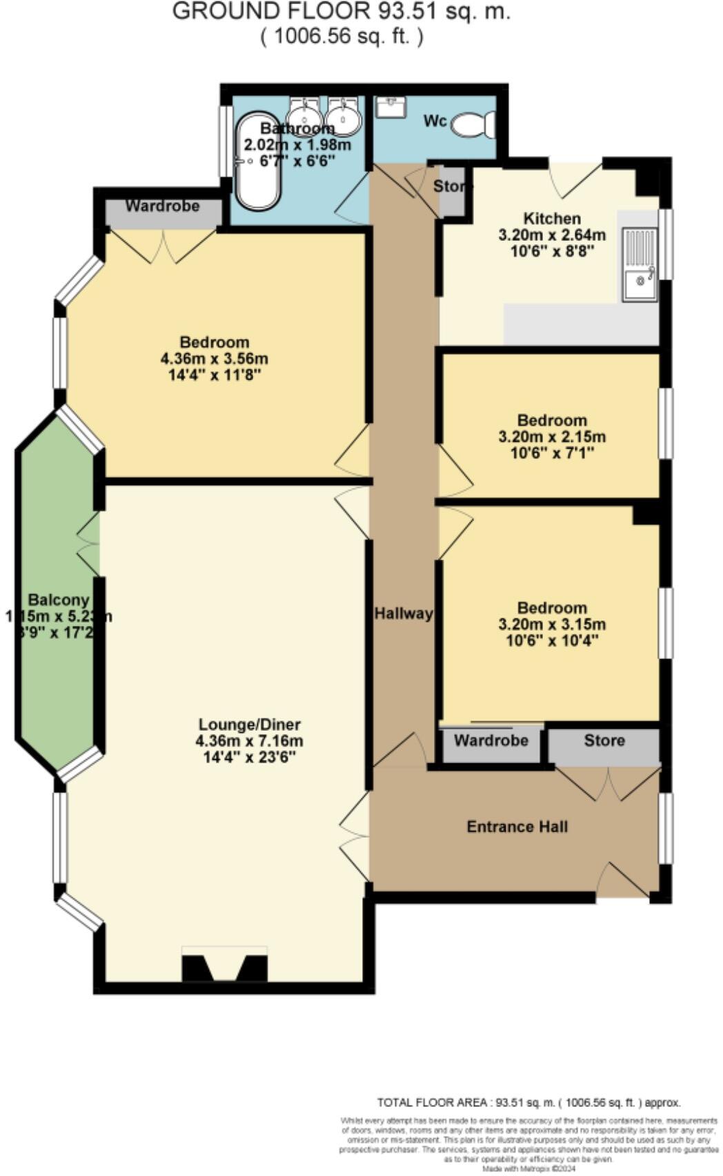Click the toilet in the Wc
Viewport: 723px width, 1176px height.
click(474, 125)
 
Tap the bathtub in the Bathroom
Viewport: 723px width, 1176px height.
click(257, 160)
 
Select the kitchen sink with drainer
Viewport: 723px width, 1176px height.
click(640, 265)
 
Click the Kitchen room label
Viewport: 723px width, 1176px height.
click(551, 218)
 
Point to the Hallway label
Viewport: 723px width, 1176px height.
click(403, 613)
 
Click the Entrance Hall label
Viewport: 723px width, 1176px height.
click(517, 826)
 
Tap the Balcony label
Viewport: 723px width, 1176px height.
click(59, 600)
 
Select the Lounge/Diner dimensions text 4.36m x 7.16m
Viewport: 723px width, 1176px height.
click(249, 741)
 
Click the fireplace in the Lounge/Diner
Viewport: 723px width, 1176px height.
click(224, 965)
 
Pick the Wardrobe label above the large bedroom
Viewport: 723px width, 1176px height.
click(162, 206)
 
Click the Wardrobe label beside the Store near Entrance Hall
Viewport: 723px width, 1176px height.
click(491, 741)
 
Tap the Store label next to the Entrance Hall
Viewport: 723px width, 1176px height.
click(604, 741)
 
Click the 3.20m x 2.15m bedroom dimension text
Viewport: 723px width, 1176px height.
click(552, 437)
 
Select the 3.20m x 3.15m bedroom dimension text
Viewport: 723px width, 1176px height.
click(552, 625)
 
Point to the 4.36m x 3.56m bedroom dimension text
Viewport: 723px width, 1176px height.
click(214, 359)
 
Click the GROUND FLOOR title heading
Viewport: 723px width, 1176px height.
click(341, 12)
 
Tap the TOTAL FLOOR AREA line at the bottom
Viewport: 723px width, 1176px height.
click(528, 1103)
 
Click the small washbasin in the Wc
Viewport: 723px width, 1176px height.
click(390, 107)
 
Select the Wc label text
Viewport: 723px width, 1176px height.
click(435, 121)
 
